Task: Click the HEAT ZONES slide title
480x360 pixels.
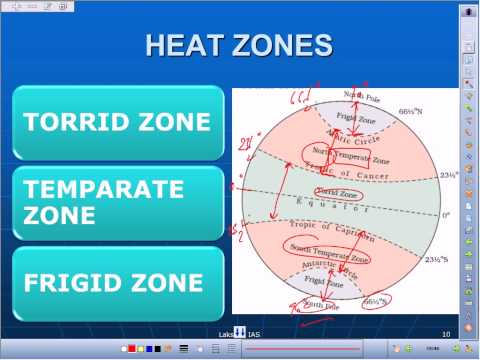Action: pyautogui.click(x=239, y=45)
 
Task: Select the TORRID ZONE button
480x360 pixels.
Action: pyautogui.click(x=117, y=122)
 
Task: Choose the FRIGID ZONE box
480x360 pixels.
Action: pyautogui.click(x=117, y=283)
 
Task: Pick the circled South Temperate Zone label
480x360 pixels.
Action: pyautogui.click(x=328, y=258)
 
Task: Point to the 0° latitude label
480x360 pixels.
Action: pyautogui.click(x=446, y=213)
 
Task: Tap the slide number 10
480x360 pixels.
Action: pyautogui.click(x=445, y=332)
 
